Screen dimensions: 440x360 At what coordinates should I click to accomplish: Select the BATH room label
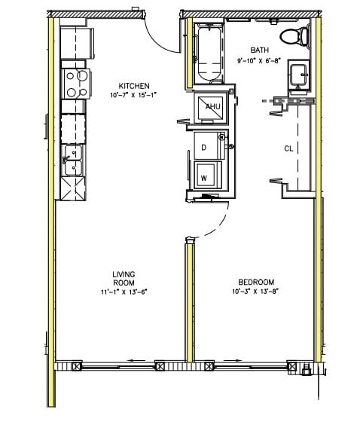[x=259, y=50]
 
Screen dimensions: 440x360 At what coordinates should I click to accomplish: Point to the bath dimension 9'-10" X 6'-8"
[x=259, y=60]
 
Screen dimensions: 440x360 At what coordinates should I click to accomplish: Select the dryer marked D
[x=206, y=146]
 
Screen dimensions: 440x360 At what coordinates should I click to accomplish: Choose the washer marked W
[x=205, y=178]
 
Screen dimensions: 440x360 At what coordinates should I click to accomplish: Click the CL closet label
[x=288, y=148]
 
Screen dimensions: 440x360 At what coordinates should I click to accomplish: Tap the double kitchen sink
[x=73, y=160]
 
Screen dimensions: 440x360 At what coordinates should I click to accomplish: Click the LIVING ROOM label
[x=122, y=278]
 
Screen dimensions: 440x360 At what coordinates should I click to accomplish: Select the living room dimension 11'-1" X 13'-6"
[x=122, y=292]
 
